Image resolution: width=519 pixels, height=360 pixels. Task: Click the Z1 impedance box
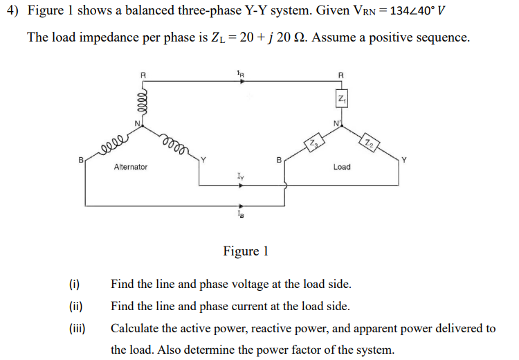coord(340,100)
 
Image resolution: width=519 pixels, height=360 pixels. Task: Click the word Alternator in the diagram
coord(130,168)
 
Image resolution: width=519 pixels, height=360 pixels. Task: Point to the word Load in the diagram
coord(341,168)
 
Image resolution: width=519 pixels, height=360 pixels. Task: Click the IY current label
coord(240,178)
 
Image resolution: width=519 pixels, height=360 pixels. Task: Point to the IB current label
coord(240,216)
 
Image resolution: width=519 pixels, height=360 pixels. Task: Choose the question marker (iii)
coord(76,328)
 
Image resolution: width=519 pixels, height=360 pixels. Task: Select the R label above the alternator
coord(143,71)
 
